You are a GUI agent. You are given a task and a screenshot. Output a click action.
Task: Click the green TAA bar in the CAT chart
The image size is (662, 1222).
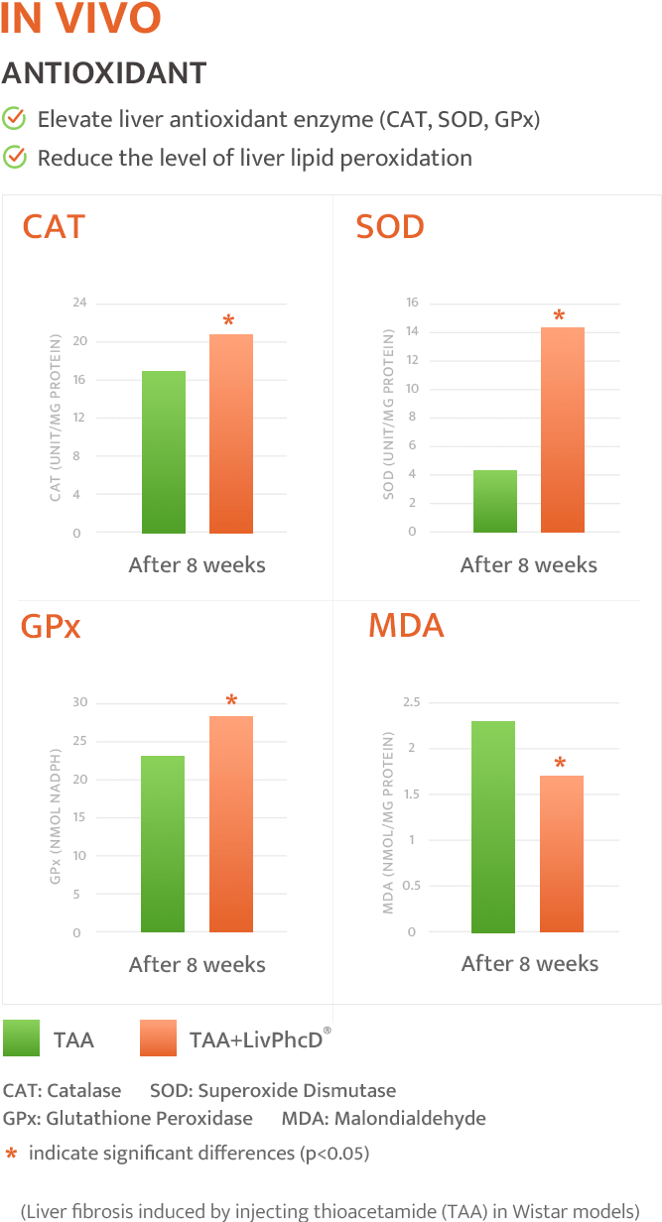click(x=164, y=452)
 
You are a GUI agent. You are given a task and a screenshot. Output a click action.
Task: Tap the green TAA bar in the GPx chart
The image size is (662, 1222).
click(x=163, y=844)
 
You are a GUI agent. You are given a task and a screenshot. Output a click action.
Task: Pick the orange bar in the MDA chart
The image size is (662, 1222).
click(x=562, y=854)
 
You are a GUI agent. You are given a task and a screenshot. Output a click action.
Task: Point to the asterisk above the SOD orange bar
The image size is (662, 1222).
click(x=559, y=316)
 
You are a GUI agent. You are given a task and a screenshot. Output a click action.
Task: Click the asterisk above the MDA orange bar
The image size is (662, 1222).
click(x=561, y=764)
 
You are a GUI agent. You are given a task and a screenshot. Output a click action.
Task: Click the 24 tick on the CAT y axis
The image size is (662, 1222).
click(x=79, y=303)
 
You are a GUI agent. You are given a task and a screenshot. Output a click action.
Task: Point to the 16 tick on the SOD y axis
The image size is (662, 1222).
click(x=412, y=303)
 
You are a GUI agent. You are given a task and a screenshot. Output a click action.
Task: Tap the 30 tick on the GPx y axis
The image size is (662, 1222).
click(x=79, y=703)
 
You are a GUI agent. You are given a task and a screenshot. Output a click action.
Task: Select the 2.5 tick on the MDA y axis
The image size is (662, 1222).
click(x=410, y=703)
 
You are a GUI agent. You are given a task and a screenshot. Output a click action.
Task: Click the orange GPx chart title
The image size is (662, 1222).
click(x=51, y=627)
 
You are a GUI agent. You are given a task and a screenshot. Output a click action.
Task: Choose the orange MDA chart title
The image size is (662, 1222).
click(x=406, y=627)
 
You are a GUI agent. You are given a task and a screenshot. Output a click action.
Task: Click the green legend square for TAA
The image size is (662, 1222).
click(x=21, y=1039)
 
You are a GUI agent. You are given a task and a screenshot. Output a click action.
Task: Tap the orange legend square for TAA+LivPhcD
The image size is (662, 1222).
click(x=159, y=1039)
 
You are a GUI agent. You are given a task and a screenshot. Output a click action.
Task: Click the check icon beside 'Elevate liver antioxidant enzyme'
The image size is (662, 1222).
click(x=14, y=120)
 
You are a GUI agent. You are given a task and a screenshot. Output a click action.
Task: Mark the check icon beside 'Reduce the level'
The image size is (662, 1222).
click(x=14, y=157)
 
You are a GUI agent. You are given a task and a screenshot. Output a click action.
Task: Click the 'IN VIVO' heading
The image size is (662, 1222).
click(x=80, y=20)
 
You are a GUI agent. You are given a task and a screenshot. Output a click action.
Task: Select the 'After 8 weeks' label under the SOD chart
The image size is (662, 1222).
click(x=529, y=565)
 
